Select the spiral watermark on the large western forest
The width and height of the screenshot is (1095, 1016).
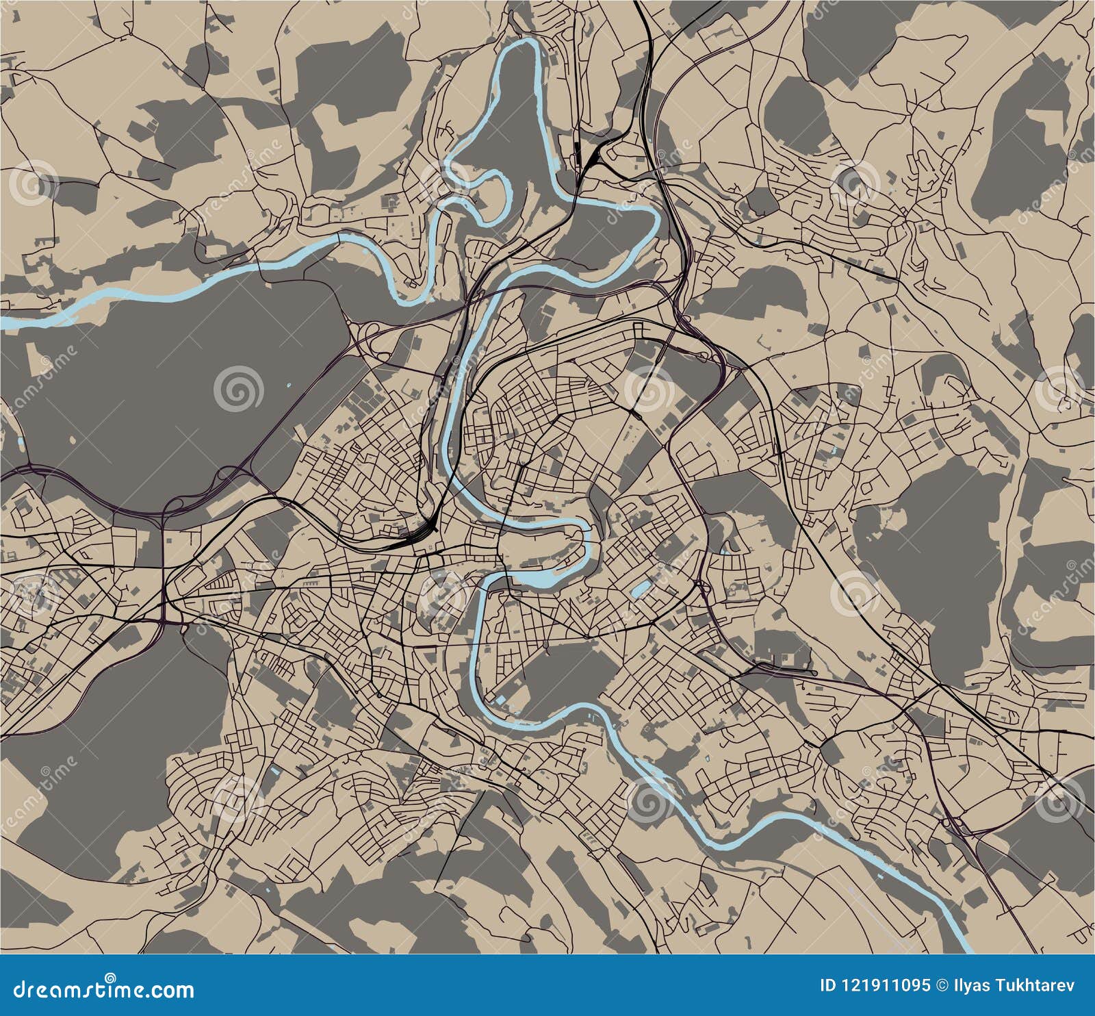pos(237,389)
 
